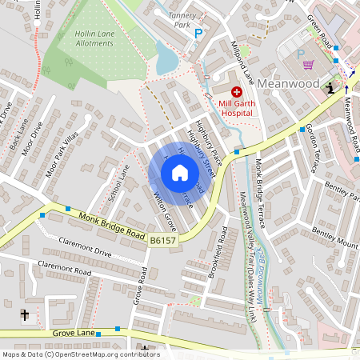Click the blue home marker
tap(180, 172)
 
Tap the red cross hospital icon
tap(236, 94)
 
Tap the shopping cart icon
tap(309, 66)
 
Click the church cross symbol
tap(24, 315)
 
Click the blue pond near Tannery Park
tap(166, 58)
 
